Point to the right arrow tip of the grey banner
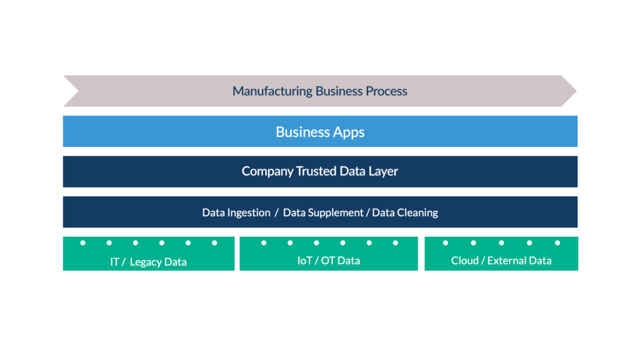click(576, 91)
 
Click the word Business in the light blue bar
click(302, 132)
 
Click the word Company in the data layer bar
click(267, 171)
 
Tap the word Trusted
click(316, 171)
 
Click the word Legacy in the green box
click(145, 262)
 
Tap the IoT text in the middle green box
click(305, 261)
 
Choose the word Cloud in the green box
click(464, 261)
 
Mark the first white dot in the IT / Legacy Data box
click(83, 243)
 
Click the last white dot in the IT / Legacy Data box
click(214, 243)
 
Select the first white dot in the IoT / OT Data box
click(264, 243)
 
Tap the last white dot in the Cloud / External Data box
click(557, 243)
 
